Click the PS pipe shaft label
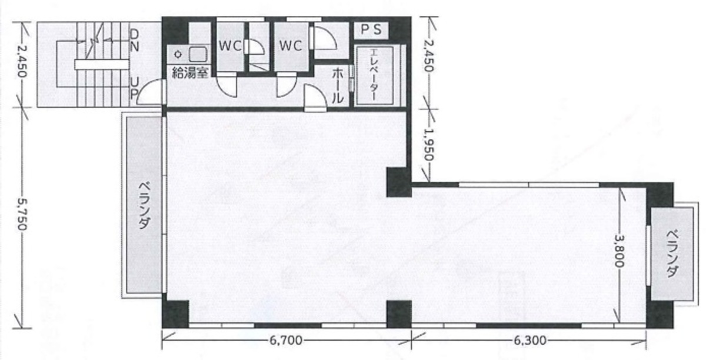(371, 29)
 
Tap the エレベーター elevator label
(374, 75)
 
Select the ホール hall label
(338, 86)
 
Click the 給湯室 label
(191, 73)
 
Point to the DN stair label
(134, 41)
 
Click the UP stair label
(134, 88)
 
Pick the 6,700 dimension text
(286, 341)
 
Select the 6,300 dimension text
(530, 341)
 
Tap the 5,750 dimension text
(22, 214)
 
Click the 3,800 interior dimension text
(620, 251)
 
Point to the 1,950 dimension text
(429, 145)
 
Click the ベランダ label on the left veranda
(144, 205)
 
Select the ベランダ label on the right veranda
(672, 254)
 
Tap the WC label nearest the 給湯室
(231, 46)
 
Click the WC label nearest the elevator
(291, 46)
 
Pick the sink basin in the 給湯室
(198, 55)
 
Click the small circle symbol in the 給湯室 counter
(178, 55)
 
